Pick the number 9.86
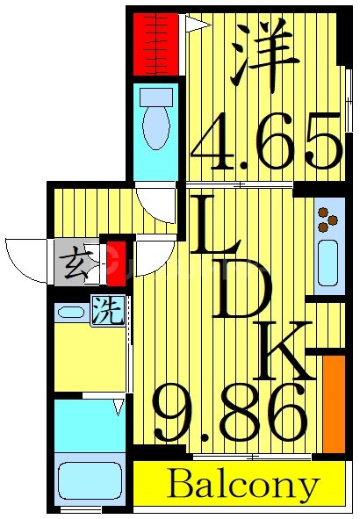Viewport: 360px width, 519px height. coord(230,415)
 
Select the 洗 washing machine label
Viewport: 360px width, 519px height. coord(107,312)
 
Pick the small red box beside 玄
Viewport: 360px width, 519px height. coord(112,262)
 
